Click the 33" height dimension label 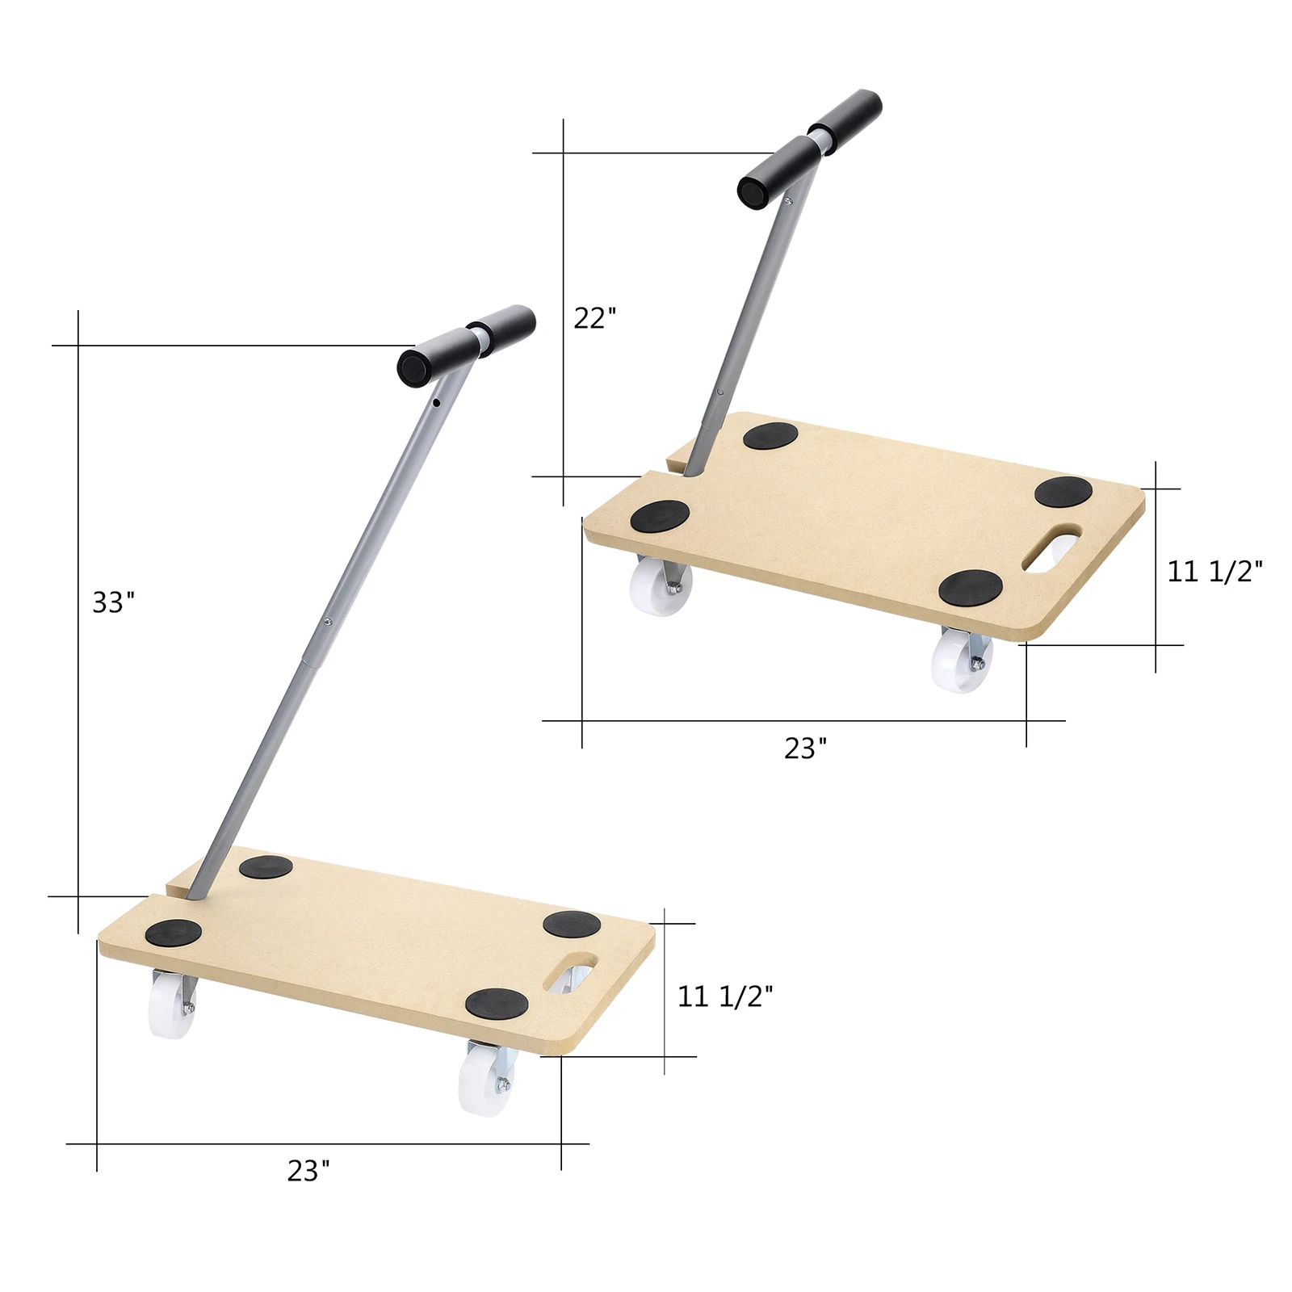[113, 602]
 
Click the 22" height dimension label [594, 318]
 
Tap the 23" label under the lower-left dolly [308, 1171]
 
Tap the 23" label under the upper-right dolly [805, 749]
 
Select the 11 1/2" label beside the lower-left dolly [724, 996]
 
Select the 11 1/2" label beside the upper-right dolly [1214, 572]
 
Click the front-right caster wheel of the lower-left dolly [482, 1080]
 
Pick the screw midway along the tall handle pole [327, 621]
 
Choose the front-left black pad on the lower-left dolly [174, 933]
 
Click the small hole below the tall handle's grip [436, 402]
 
